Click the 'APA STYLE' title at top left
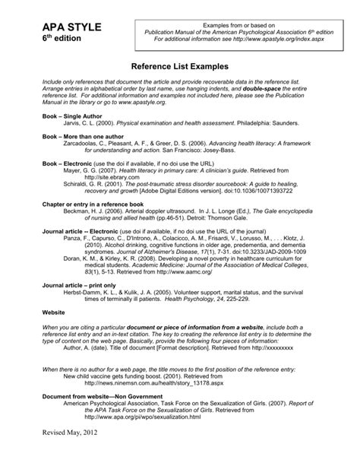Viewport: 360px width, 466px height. point(58,27)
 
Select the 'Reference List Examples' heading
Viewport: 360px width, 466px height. point(179,67)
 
